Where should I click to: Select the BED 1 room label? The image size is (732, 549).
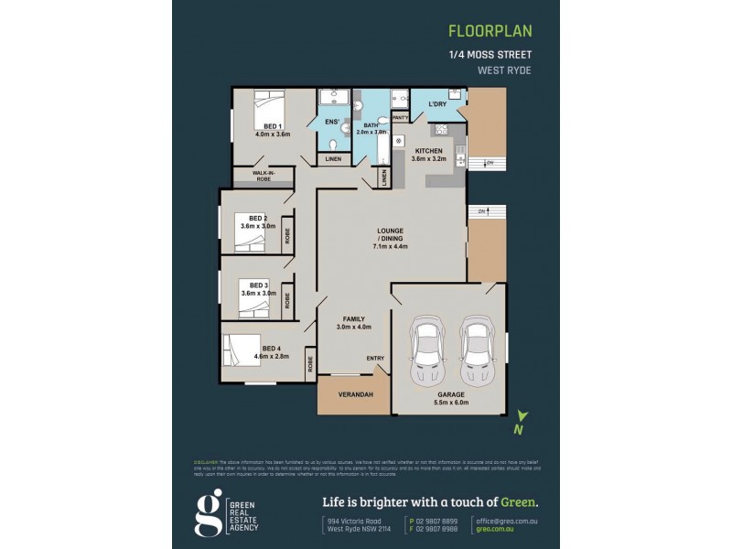272,125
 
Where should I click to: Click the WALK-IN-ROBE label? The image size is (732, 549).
264,177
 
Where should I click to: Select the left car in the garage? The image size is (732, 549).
427,351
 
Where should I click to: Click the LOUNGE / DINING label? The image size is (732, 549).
391,234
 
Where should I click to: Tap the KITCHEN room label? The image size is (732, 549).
428,151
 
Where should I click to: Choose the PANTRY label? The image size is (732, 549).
399,118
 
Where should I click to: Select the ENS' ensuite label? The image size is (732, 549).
331,121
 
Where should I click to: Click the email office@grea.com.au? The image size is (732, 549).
505,520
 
